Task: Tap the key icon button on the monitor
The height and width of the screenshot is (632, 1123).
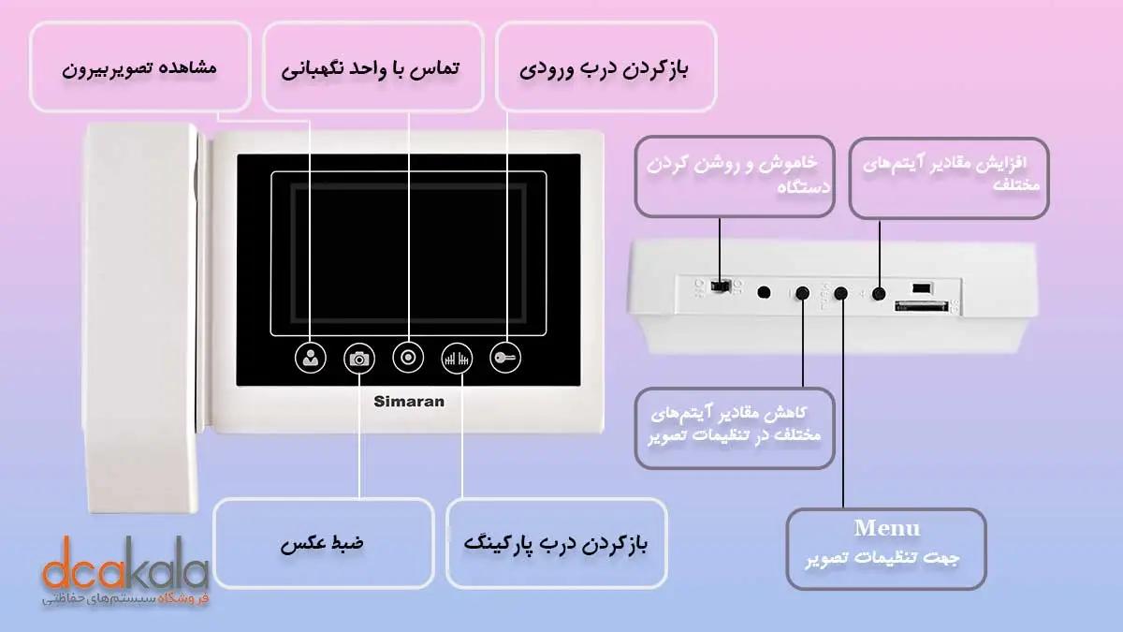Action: coord(504,358)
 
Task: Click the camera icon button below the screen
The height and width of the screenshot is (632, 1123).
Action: coord(358,358)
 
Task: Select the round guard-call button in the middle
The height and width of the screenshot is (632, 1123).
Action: coord(408,358)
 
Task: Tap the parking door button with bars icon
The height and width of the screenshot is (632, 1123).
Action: coord(457,358)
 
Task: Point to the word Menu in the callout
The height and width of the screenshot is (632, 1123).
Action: coord(886,527)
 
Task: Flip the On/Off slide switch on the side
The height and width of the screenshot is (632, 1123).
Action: coord(720,284)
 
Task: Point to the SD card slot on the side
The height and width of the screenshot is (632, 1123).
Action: coord(922,305)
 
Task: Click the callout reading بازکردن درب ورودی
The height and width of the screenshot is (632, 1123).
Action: coord(605,68)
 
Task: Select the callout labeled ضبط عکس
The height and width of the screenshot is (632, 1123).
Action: coord(323,543)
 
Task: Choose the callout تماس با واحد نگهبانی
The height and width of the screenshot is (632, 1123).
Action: coord(372,68)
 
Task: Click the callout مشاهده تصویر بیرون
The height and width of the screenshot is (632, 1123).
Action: coord(140,68)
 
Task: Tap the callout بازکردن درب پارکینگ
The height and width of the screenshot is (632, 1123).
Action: coord(556,543)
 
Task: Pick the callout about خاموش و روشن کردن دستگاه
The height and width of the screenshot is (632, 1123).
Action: coord(734,175)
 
